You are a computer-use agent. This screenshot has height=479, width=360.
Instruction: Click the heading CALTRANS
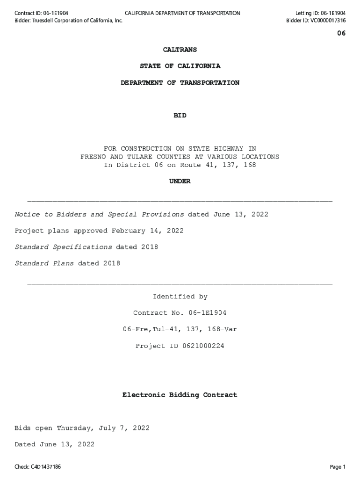click(180, 50)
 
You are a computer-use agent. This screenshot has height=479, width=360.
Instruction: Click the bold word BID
click(180, 116)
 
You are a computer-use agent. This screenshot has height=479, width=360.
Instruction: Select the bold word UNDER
click(180, 181)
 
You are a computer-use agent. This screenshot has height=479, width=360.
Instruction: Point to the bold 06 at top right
click(341, 33)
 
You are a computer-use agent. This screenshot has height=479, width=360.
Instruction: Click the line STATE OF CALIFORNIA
click(180, 66)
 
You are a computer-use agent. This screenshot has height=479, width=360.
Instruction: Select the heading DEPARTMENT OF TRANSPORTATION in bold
click(180, 83)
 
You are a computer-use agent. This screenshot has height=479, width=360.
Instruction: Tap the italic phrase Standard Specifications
click(63, 247)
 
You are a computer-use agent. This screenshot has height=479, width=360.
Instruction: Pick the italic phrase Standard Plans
click(44, 263)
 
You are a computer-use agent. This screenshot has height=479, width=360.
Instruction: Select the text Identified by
click(180, 297)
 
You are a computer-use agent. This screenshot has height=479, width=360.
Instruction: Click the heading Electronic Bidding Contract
click(180, 395)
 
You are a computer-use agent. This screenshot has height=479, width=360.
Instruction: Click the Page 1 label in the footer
click(338, 467)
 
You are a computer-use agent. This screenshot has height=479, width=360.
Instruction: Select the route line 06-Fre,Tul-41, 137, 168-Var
click(180, 329)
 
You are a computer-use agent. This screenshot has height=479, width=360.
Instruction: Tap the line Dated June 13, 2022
click(54, 444)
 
